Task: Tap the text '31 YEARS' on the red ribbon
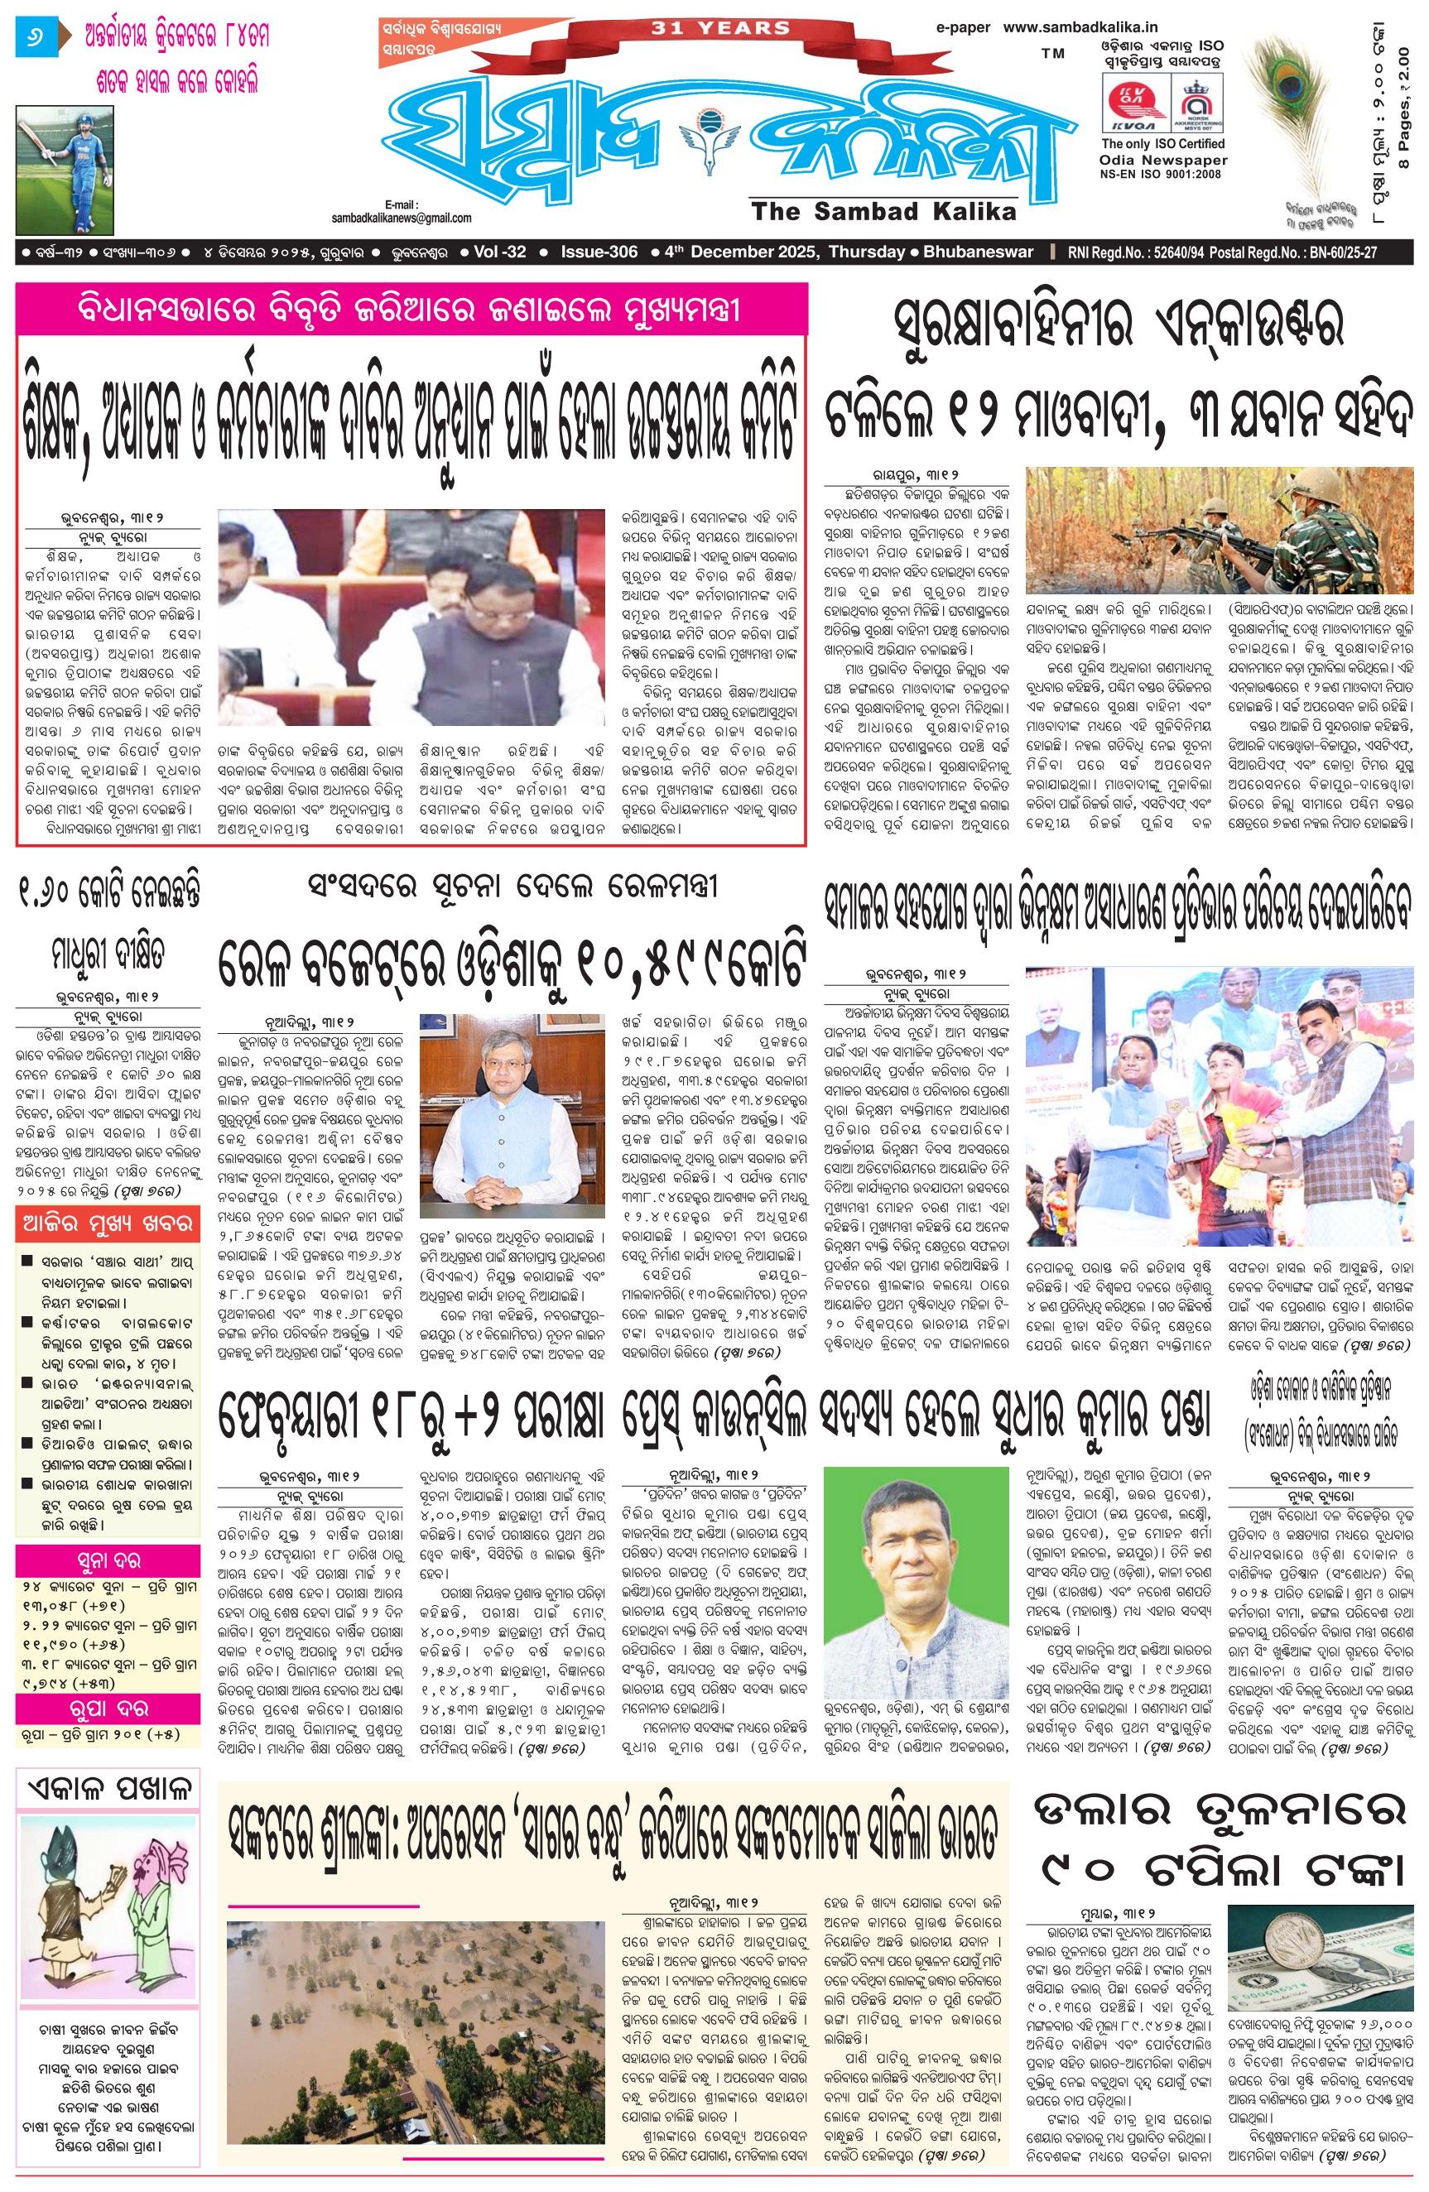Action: tap(720, 28)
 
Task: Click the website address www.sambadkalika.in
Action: tap(1080, 27)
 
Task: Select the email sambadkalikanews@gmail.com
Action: tap(402, 219)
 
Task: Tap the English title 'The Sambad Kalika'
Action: tap(883, 211)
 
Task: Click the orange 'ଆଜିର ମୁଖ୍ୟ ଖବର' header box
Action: tap(108, 1225)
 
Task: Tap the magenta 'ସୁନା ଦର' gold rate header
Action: tap(108, 1560)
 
